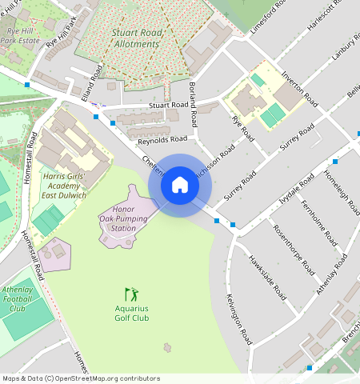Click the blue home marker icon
click(x=180, y=186)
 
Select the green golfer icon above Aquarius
click(x=131, y=294)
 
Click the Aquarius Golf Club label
click(x=131, y=313)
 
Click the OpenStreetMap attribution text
click(x=81, y=378)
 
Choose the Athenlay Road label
click(x=332, y=274)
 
